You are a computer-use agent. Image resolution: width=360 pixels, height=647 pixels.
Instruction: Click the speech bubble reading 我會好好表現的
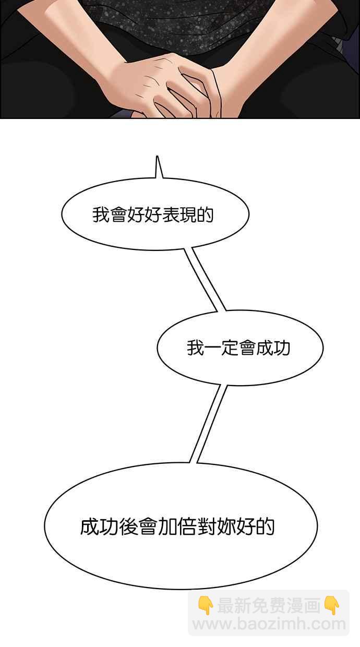[154, 230]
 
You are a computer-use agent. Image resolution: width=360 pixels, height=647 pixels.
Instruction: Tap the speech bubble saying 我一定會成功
[240, 360]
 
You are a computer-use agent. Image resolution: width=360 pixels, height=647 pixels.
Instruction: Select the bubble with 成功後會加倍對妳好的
[181, 543]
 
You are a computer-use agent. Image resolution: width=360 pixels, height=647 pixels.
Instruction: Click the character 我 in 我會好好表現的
[100, 215]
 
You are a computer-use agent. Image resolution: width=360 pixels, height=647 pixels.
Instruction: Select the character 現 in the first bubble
[187, 215]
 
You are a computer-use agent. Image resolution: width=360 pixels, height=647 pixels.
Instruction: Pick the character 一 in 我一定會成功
[212, 348]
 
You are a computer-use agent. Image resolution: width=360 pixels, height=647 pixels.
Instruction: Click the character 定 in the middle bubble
[230, 348]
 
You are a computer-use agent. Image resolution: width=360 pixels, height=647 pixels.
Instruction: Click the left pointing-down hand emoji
[206, 605]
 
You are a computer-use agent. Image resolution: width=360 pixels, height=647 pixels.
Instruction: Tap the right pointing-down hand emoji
[332, 605]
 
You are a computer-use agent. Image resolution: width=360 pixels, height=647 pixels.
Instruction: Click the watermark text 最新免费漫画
[268, 606]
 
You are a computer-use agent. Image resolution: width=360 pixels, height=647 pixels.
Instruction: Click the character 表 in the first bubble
[170, 215]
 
